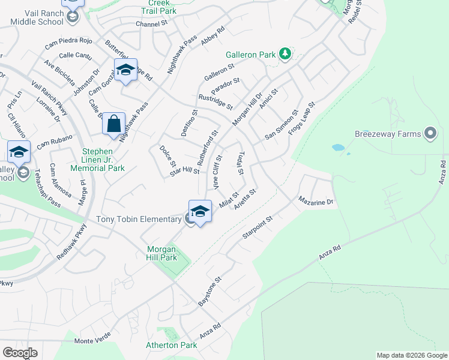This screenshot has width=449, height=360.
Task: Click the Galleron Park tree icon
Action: [x=285, y=55]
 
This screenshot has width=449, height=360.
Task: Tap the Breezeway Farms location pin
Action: [x=430, y=134]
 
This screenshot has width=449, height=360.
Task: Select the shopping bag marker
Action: [x=113, y=124]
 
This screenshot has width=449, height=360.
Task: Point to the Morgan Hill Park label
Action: [x=162, y=253]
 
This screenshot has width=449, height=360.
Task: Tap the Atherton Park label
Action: [x=171, y=345]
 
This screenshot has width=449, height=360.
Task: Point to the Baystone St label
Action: [x=210, y=292]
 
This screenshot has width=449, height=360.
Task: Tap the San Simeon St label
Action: [x=282, y=125]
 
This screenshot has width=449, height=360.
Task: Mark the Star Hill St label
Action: [x=184, y=172]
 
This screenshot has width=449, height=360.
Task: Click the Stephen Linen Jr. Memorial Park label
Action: [x=103, y=160]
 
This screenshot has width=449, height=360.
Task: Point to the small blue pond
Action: [x=338, y=147]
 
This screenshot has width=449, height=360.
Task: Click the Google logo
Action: [x=20, y=352]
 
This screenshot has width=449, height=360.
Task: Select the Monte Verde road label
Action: [x=92, y=341]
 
